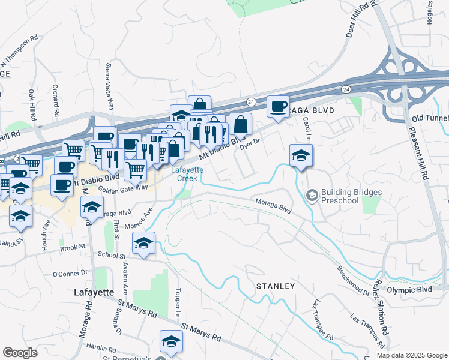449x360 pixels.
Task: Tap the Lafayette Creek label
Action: (x=187, y=174)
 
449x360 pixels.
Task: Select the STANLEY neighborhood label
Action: (x=276, y=286)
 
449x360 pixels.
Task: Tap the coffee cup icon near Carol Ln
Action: (x=278, y=107)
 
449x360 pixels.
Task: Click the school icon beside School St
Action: (x=143, y=243)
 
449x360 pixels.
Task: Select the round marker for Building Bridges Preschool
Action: (x=312, y=195)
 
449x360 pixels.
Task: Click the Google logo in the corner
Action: (x=20, y=353)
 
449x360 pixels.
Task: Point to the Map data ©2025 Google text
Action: (x=412, y=355)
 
